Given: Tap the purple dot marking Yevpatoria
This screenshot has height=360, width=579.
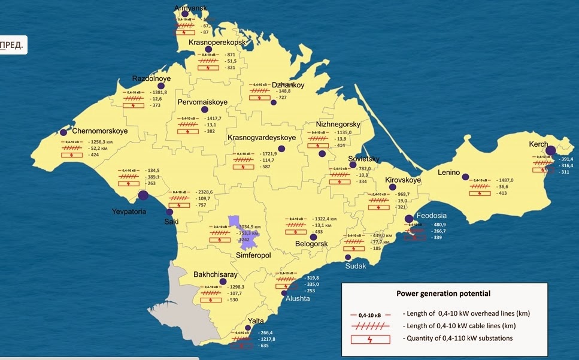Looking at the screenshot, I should [144, 195].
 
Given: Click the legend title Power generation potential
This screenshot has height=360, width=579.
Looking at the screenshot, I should [443, 294].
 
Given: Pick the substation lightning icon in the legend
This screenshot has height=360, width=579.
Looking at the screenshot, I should [369, 338].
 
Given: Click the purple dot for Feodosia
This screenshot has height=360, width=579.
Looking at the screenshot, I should [408, 219].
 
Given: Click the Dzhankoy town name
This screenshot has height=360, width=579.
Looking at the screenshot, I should [288, 85].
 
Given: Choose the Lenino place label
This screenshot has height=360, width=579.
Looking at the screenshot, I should [448, 173].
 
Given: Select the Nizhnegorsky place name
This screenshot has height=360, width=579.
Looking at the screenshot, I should [338, 125].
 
